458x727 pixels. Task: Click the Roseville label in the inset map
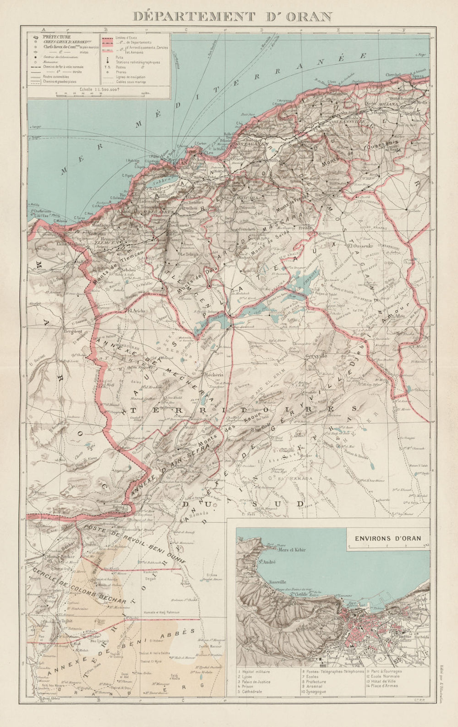[276, 581]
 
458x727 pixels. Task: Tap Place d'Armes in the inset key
[385, 686]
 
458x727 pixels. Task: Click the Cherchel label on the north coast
[393, 75]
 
